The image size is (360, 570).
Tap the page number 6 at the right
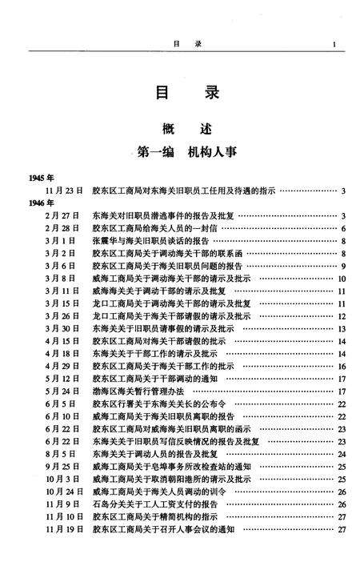coord(342,229)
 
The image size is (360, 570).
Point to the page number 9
coord(342,266)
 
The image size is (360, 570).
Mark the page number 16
coord(340,366)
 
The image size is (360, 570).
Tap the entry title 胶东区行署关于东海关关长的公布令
coord(160,403)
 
